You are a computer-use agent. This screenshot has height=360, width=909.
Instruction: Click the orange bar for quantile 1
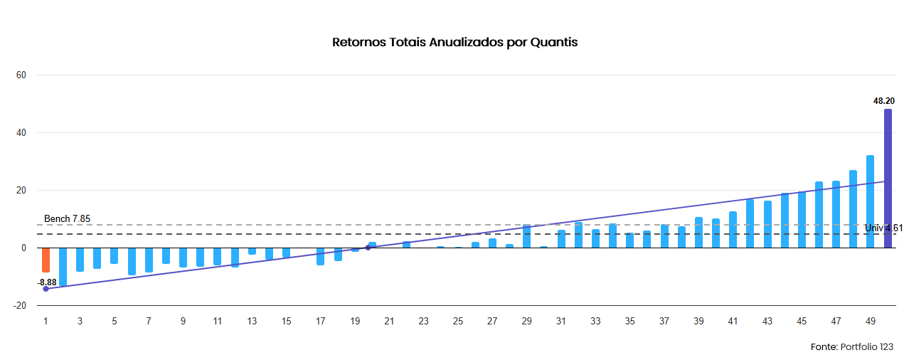click(46, 260)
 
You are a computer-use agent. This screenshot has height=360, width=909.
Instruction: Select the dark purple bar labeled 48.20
click(888, 178)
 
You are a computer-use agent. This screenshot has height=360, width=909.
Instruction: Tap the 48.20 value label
click(884, 100)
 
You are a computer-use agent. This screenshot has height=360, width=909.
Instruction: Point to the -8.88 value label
click(47, 282)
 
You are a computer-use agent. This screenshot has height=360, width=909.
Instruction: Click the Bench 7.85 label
click(67, 218)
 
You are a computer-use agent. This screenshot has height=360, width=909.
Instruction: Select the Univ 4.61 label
click(883, 228)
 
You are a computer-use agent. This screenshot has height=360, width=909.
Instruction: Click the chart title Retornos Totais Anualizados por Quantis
click(455, 42)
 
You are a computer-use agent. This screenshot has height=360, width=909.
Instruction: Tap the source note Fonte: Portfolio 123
click(852, 347)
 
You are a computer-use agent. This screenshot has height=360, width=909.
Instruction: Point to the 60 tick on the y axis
click(21, 75)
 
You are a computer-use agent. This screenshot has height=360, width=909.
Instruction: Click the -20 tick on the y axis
click(19, 306)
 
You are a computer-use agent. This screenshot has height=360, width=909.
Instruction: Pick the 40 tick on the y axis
click(21, 133)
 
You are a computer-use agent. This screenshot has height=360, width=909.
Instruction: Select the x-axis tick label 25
click(458, 322)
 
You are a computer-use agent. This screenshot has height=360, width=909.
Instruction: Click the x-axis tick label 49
click(870, 322)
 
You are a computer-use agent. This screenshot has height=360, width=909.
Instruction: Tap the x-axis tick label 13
click(252, 322)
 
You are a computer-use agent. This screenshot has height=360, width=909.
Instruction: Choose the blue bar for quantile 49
click(870, 201)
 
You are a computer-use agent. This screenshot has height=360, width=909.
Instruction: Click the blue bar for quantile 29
click(527, 235)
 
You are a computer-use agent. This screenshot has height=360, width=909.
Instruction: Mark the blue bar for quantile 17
click(321, 257)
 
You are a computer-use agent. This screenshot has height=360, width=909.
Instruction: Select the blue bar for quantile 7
click(149, 260)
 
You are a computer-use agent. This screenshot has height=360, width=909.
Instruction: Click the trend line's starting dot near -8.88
click(46, 289)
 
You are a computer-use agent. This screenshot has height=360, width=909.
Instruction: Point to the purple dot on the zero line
click(368, 248)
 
